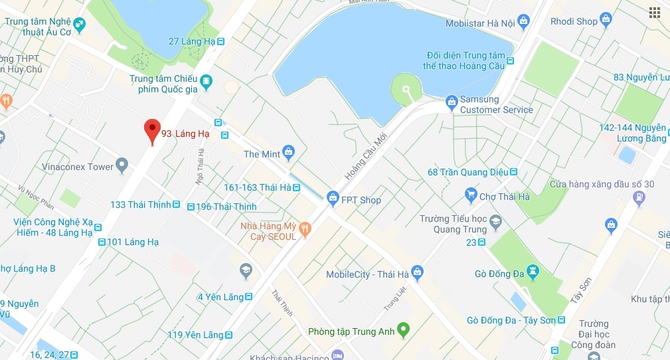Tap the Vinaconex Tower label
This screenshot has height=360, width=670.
pyautogui.click(x=78, y=167)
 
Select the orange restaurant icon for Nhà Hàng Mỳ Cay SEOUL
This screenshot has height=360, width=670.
pyautogui.click(x=305, y=229)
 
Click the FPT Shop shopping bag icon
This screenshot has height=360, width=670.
pyautogui.click(x=332, y=197)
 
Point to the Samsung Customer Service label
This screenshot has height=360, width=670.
pyautogui.click(x=496, y=105)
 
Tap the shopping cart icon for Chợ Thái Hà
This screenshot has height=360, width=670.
pyautogui.click(x=471, y=195)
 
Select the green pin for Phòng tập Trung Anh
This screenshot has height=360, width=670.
pyautogui.click(x=403, y=329)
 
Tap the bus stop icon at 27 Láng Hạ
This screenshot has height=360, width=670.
pyautogui.click(x=221, y=41)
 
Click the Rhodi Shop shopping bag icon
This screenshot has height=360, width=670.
pyautogui.click(x=606, y=20)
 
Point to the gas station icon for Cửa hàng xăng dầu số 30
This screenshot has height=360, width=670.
pyautogui.click(x=638, y=197)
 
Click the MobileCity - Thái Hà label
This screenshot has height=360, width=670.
pyautogui.click(x=367, y=274)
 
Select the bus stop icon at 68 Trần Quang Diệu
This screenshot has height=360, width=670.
pyautogui.click(x=513, y=173)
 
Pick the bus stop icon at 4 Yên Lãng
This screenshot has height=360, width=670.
pyautogui.click(x=248, y=297)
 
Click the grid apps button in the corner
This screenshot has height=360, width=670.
pyautogui.click(x=655, y=12)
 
